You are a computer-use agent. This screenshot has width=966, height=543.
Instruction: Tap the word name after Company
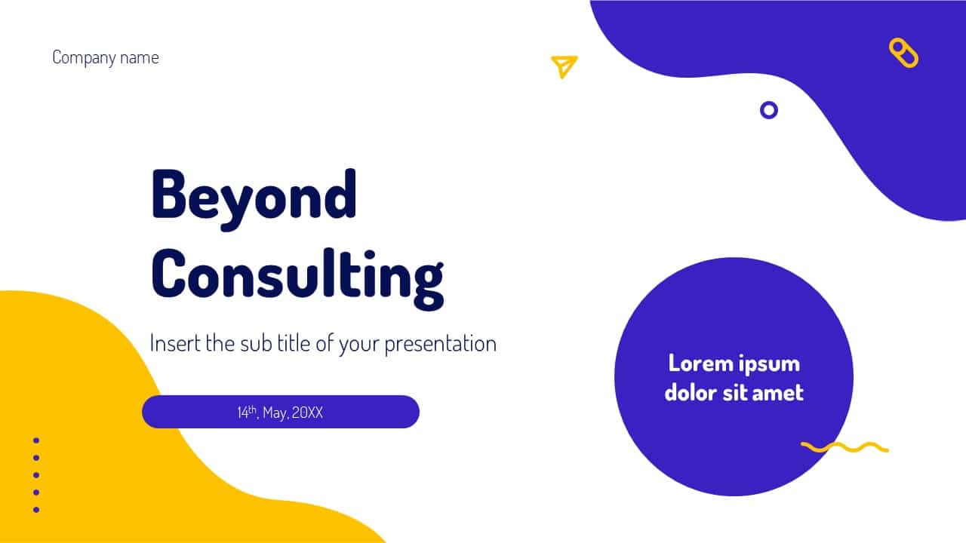click(140, 58)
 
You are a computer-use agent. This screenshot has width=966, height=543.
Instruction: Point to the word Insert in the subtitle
click(175, 343)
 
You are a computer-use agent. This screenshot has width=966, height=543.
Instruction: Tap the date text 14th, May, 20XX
click(280, 413)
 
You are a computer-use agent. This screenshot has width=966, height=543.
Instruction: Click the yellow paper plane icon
click(564, 67)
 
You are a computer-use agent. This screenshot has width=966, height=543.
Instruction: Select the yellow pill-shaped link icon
click(903, 53)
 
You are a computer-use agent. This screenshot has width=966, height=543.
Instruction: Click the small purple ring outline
click(768, 102)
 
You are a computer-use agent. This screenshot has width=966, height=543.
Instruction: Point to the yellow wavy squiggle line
click(844, 447)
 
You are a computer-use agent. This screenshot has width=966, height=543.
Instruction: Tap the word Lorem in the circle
click(699, 364)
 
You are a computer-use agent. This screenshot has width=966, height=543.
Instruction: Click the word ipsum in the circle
click(768, 365)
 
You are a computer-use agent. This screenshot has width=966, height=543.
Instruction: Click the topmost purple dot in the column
click(36, 440)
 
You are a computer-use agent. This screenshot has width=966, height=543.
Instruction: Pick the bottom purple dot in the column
click(36, 510)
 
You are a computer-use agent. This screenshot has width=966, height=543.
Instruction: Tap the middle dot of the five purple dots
click(36, 475)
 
